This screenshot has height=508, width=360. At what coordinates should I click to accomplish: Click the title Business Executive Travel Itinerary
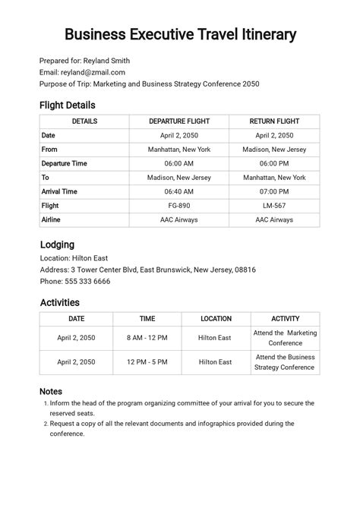[x=180, y=35]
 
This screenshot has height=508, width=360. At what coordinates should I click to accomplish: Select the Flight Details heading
[x=67, y=105]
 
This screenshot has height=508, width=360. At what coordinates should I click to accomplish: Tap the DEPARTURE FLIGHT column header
[x=178, y=121]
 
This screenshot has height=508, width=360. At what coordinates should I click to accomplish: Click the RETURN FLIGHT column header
[x=273, y=121]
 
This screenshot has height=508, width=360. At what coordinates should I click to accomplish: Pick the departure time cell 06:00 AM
[x=178, y=163]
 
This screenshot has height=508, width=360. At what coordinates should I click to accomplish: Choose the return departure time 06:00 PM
[x=273, y=163]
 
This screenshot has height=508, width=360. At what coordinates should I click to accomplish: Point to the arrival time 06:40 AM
[x=178, y=191]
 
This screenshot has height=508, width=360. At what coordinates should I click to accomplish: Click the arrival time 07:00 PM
[x=273, y=191]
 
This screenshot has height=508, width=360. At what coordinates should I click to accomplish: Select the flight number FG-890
[x=178, y=206]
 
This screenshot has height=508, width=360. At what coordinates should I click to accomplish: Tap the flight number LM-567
[x=273, y=206]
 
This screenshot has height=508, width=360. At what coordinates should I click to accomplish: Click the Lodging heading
[x=56, y=245]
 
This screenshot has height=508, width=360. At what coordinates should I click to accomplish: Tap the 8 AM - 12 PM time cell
[x=147, y=338]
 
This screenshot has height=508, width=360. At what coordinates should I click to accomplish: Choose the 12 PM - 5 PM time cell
[x=147, y=362]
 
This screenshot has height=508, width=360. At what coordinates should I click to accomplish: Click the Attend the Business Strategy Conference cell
[x=285, y=362]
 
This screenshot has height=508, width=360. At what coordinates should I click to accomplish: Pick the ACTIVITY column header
[x=285, y=319]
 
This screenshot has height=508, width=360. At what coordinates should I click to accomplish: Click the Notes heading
[x=51, y=391]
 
